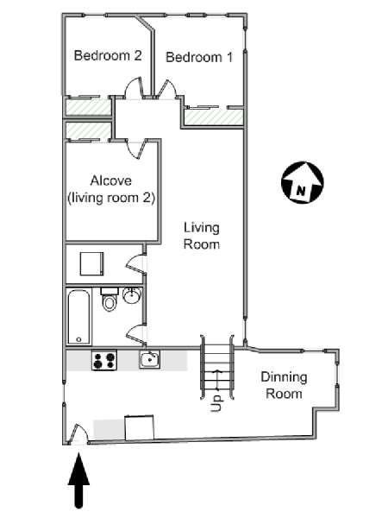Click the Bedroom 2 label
click(x=108, y=55)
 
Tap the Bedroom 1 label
click(x=199, y=57)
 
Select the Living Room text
click(x=201, y=236)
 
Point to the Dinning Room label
click(x=284, y=385)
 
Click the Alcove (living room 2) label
click(x=111, y=189)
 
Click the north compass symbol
click(x=303, y=182)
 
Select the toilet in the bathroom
click(x=109, y=300)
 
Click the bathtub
click(x=78, y=317)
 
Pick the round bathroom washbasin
click(x=132, y=295)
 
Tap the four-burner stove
click(x=104, y=360)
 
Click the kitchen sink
click(x=149, y=359)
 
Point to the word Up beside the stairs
click(x=216, y=403)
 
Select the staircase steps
click(x=217, y=368)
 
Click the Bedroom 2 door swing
click(x=134, y=88)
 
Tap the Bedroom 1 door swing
click(x=167, y=89)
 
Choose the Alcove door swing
click(x=136, y=149)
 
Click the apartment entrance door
click(x=78, y=433)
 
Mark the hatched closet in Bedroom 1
click(x=214, y=117)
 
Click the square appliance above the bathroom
click(x=92, y=263)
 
